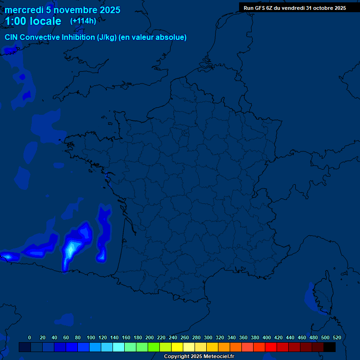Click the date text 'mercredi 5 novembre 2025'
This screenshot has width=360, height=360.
[62, 10]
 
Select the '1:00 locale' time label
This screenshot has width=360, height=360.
[33, 21]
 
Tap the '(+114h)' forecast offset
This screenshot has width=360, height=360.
[83, 21]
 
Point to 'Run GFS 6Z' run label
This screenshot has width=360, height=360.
[258, 8]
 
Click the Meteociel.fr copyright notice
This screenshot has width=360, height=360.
[198, 357]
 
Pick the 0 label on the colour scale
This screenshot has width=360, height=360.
[30, 337]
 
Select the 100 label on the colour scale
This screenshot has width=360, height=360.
[91, 337]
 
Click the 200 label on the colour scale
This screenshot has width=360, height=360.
[150, 337]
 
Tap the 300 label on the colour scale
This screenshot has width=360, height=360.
[208, 337]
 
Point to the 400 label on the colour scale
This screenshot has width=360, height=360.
[267, 337]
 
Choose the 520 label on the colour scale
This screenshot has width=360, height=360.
[337, 337]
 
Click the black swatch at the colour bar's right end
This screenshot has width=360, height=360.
[330, 347]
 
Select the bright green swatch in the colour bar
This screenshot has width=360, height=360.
[154, 347]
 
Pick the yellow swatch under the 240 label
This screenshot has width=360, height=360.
[177, 347]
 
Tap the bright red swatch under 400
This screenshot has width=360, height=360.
[271, 347]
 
